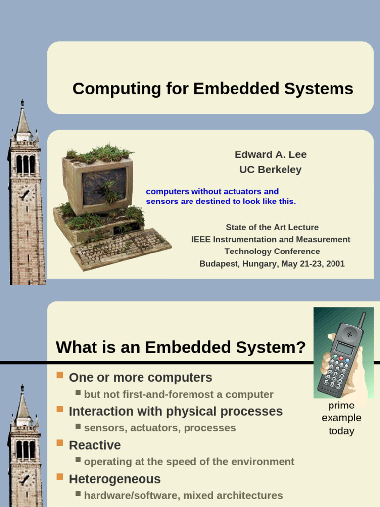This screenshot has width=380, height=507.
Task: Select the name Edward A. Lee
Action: click(x=271, y=154)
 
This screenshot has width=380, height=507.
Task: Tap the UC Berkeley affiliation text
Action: click(x=271, y=169)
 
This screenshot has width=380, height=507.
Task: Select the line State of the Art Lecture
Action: click(x=272, y=227)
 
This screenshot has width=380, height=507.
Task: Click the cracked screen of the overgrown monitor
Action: click(x=104, y=187)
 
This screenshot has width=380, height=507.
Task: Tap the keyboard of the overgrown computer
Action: click(x=121, y=249)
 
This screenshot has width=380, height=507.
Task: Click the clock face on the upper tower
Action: click(x=25, y=194)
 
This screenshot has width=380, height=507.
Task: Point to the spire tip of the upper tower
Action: click(x=22, y=100)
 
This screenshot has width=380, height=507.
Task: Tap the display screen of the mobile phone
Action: click(x=344, y=348)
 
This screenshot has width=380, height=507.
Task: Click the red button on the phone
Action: click(x=341, y=358)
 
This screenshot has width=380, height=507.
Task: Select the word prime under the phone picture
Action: click(x=341, y=406)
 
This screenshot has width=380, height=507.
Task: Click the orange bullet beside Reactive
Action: click(x=60, y=443)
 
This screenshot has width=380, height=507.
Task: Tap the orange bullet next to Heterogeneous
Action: click(x=60, y=477)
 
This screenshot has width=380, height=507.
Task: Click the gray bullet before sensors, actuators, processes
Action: click(x=78, y=426)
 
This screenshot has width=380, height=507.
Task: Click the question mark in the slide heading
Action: click(x=300, y=347)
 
